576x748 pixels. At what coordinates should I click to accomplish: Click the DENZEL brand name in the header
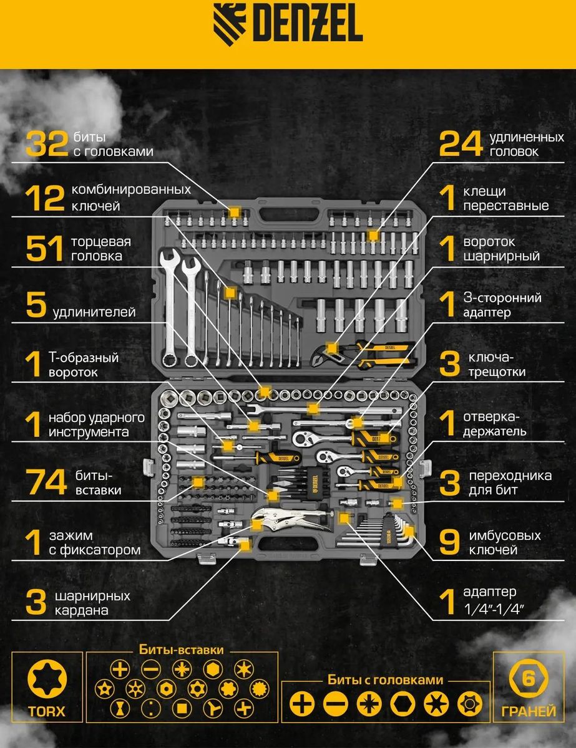308,27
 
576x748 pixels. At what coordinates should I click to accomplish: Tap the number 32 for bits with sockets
47,143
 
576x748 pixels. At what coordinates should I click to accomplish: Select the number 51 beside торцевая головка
44,248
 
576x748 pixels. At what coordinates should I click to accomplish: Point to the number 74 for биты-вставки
46,482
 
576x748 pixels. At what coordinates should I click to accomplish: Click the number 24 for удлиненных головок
461,143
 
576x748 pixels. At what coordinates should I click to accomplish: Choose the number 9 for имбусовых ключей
449,542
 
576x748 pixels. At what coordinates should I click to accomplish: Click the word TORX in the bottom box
47,711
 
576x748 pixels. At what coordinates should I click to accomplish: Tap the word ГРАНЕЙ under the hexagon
529,711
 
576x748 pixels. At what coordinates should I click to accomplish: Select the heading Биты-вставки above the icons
181,650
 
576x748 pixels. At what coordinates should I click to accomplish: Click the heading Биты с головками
385,680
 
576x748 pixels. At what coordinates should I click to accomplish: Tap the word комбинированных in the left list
131,189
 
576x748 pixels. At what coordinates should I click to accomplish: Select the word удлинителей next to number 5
94,312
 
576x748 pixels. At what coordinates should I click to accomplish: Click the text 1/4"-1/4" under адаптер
494,610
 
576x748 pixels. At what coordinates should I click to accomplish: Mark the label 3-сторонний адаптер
502,305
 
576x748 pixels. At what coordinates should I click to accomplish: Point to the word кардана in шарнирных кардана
82,610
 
